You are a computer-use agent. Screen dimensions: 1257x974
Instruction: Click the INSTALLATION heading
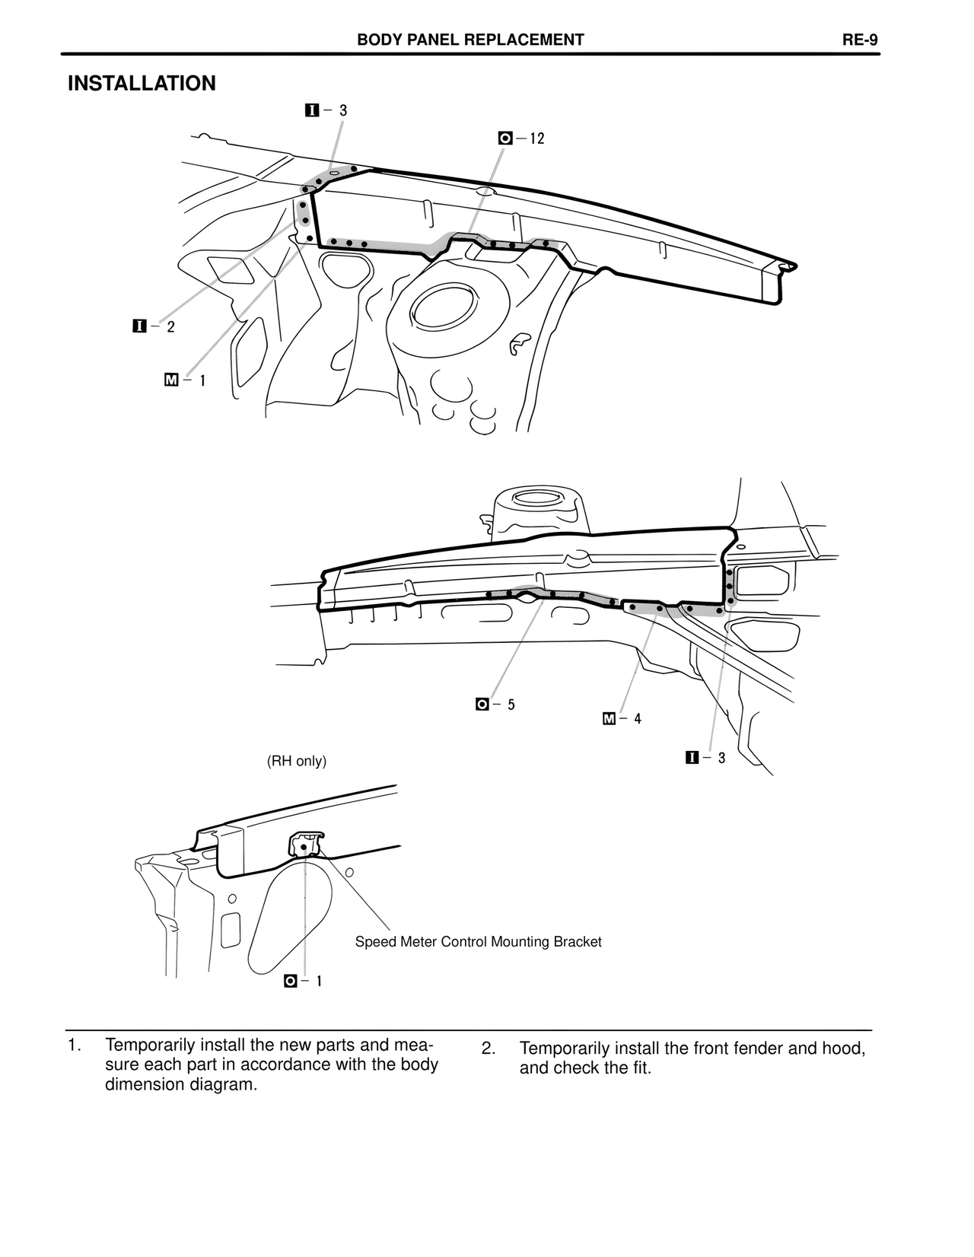coord(142,84)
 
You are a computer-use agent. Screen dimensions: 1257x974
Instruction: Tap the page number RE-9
coord(860,40)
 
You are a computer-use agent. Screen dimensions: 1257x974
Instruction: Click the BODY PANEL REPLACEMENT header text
coord(470,40)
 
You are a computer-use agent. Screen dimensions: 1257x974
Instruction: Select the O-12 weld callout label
coord(522,138)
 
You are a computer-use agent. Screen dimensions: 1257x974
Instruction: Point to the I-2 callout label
coord(154,326)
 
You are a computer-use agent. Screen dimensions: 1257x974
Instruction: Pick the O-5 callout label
coord(495,705)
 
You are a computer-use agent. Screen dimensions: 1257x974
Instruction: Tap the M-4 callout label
coord(622,718)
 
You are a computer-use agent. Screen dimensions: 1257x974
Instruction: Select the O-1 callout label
coord(303,982)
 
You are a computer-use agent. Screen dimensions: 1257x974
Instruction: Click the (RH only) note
coord(296,761)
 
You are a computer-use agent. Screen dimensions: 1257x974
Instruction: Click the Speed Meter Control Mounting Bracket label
coord(478,942)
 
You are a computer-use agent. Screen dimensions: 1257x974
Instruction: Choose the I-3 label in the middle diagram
coord(705,758)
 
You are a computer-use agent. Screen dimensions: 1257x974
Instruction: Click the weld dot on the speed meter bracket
coord(303,847)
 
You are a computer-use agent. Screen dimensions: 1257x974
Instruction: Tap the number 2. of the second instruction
coord(489,1049)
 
